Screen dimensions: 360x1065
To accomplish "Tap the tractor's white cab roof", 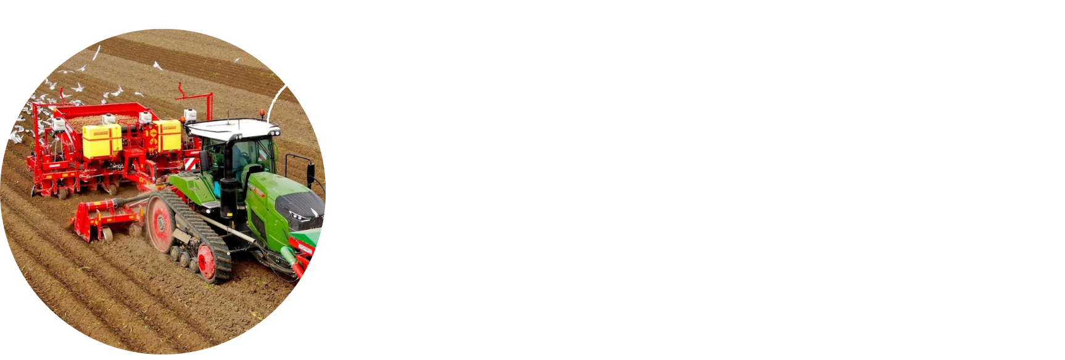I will coord(231,128).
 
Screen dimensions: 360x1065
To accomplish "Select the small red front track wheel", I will coord(208,263).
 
